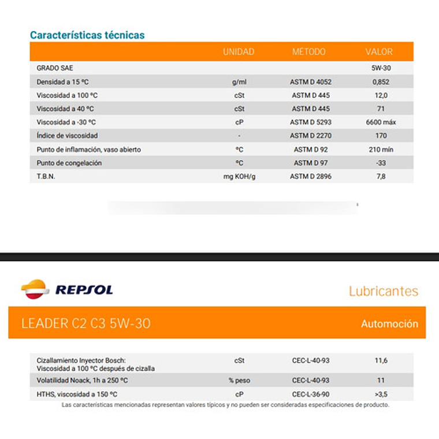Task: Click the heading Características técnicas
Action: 87,35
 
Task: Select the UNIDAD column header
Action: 238,52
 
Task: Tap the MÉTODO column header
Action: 308,52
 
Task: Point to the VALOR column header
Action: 379,52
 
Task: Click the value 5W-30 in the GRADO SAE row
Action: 381,68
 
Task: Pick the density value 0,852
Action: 381,82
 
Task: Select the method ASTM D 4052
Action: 311,82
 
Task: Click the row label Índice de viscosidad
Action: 67,136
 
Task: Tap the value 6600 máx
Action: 381,122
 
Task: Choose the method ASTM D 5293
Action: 311,122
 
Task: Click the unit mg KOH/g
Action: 239,176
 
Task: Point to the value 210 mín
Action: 381,150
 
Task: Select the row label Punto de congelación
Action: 69,163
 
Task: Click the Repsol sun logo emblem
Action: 35,289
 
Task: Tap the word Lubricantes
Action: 384,291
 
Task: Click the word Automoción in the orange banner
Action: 389,323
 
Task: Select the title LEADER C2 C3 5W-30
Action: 86,323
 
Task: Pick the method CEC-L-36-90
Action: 311,395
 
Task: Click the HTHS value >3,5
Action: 381,395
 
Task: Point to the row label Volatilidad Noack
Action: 82,381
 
